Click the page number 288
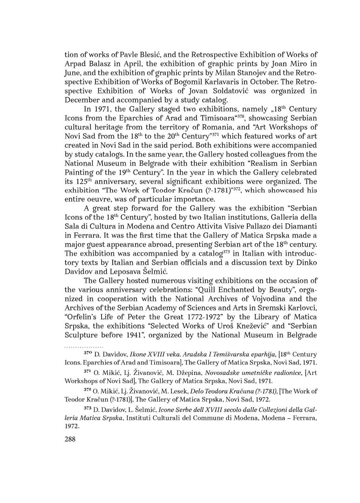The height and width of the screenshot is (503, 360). pos(71,439)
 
